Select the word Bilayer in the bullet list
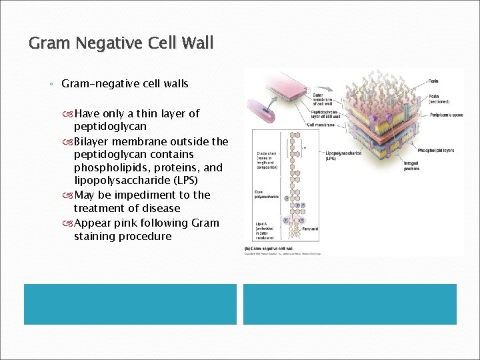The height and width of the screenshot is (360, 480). click(97, 141)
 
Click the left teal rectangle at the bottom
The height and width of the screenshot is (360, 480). click(131, 304)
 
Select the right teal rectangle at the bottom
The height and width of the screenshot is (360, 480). click(349, 304)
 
